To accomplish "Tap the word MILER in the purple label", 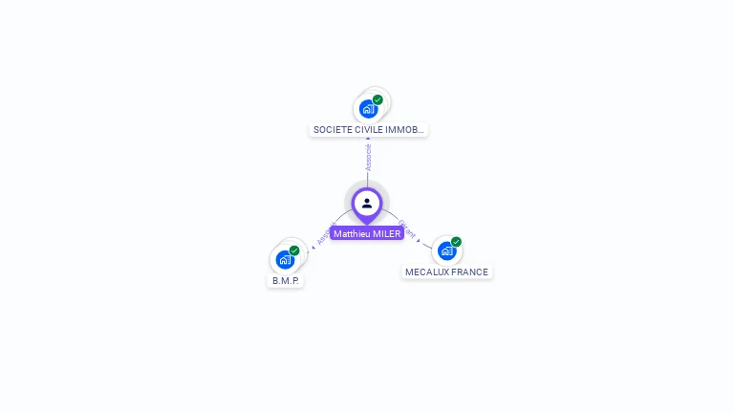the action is [x=385, y=233].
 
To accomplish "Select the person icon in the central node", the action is [x=367, y=203].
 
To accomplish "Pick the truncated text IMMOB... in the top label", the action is [x=405, y=129].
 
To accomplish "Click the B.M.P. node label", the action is [x=286, y=281].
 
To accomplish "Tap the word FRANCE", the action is [x=469, y=272].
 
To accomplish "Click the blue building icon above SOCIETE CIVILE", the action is [x=368, y=109].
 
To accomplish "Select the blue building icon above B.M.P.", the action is [x=284, y=259].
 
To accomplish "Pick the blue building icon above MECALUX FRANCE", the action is [x=446, y=251].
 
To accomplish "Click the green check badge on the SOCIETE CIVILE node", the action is [x=378, y=99].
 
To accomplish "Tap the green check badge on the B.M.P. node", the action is [x=294, y=250].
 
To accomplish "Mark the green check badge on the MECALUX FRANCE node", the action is [x=457, y=242].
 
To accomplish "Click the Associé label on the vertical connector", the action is [x=368, y=158].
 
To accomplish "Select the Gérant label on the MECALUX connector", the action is [x=406, y=229].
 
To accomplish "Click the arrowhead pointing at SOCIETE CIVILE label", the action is [x=368, y=140].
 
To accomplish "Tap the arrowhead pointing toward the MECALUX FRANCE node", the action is [x=419, y=241].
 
